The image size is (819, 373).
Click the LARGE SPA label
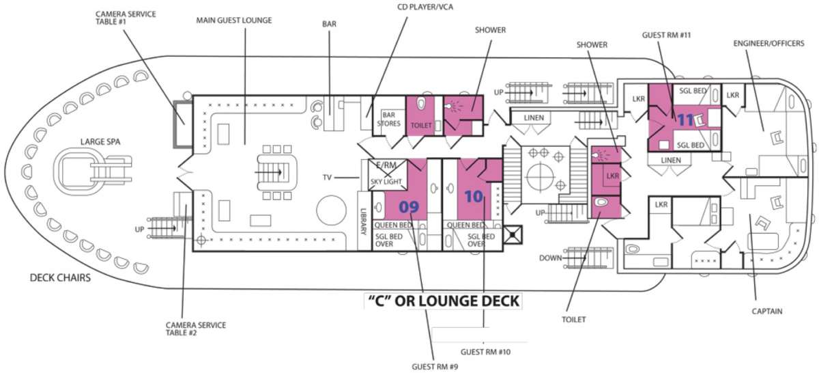(100, 141)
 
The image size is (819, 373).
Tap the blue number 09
(409, 207)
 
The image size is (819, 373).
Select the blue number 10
(474, 197)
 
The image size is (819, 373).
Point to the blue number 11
(685, 120)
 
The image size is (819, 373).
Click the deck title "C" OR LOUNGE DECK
(443, 301)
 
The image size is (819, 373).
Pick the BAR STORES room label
(388, 120)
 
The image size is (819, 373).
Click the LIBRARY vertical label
(363, 221)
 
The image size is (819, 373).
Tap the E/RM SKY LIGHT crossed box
(388, 175)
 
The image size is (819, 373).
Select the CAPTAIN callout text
(767, 311)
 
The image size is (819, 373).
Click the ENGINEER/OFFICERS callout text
(768, 43)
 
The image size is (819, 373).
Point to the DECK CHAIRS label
(60, 277)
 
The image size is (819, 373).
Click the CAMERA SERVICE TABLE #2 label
(196, 329)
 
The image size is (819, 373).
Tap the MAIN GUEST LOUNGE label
(234, 20)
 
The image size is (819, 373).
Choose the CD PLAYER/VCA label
(425, 7)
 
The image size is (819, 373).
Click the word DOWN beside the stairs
(550, 258)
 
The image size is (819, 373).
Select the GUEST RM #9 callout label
(435, 366)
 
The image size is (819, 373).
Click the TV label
(327, 178)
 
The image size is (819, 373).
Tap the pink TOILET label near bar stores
(421, 125)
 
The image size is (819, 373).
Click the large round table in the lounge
(331, 210)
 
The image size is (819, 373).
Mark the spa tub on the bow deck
(79, 170)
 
